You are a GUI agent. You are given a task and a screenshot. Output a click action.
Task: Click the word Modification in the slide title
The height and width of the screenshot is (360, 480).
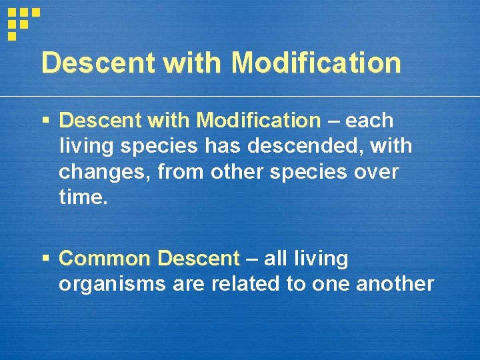[316, 63]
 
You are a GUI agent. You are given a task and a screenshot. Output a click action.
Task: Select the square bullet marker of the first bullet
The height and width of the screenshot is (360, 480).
[45, 121]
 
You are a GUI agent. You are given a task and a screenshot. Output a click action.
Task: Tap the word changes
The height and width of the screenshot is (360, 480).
[106, 172]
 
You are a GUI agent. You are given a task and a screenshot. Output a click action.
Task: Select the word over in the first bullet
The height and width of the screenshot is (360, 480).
[375, 172]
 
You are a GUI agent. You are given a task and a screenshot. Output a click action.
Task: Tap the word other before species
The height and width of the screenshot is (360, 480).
[236, 172]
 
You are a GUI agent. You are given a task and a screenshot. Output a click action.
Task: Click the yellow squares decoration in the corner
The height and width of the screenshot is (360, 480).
[23, 23]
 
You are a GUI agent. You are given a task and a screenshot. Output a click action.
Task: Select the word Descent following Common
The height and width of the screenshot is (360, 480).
[198, 259]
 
